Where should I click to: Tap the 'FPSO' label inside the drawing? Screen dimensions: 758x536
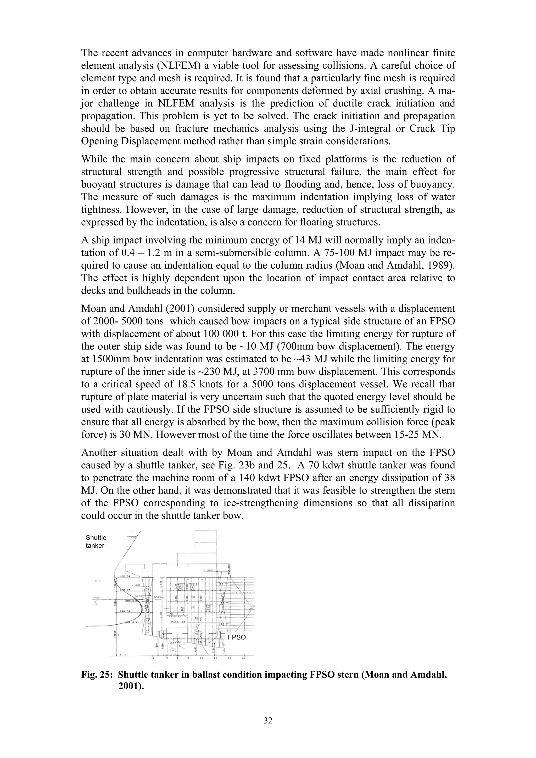[x=237, y=637]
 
